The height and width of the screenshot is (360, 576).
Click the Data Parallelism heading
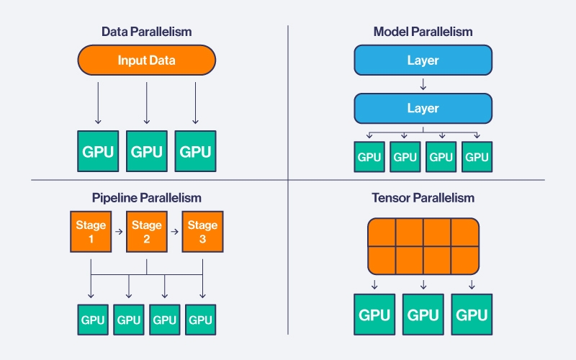tap(146, 32)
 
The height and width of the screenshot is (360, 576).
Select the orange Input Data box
tap(146, 60)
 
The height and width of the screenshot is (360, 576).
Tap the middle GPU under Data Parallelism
tap(146, 150)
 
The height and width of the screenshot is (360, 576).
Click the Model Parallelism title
tap(423, 32)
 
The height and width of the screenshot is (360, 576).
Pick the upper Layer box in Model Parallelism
tap(423, 60)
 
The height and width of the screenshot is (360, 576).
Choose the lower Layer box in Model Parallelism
tap(423, 109)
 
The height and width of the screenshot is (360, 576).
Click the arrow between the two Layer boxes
tap(423, 85)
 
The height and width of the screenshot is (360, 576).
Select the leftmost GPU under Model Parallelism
tap(369, 157)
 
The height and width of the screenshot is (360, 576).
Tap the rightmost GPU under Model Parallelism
tap(476, 157)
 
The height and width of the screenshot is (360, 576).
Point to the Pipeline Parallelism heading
tap(146, 197)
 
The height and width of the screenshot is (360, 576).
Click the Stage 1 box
tap(91, 232)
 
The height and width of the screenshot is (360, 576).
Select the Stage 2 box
tap(146, 232)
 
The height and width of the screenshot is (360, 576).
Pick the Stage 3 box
tap(202, 232)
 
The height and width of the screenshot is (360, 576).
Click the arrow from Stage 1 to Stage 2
tap(119, 233)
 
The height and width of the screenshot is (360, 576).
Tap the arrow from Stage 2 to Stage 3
tap(175, 233)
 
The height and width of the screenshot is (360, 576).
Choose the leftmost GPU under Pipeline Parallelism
tap(92, 320)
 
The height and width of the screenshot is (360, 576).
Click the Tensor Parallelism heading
tap(423, 197)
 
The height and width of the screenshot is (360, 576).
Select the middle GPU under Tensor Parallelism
tap(423, 315)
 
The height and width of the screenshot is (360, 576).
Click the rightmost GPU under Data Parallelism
tap(195, 150)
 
